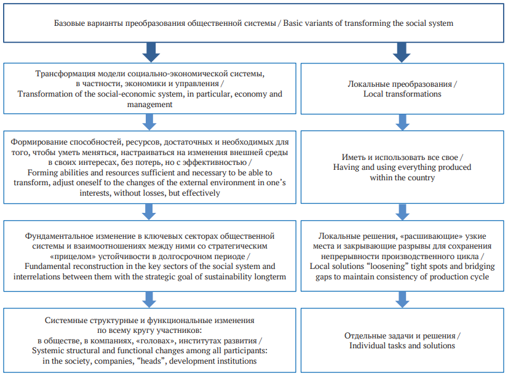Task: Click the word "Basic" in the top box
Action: (293, 23)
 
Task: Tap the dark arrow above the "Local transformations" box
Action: (402, 52)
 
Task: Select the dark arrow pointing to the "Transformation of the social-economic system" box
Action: (151, 52)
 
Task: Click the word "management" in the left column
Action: (149, 105)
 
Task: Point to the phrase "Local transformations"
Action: (402, 94)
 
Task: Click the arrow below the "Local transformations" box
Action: (402, 122)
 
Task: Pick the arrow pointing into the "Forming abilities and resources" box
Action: (149, 122)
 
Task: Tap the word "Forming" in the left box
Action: (41, 173)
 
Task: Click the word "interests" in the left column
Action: (94, 193)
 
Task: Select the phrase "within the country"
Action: (402, 178)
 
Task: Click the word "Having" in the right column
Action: (344, 167)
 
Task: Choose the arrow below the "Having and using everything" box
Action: (402, 212)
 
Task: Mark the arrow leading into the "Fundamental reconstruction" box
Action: (149, 212)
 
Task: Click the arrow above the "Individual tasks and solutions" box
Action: (402, 300)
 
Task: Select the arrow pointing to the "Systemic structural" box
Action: (149, 300)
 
